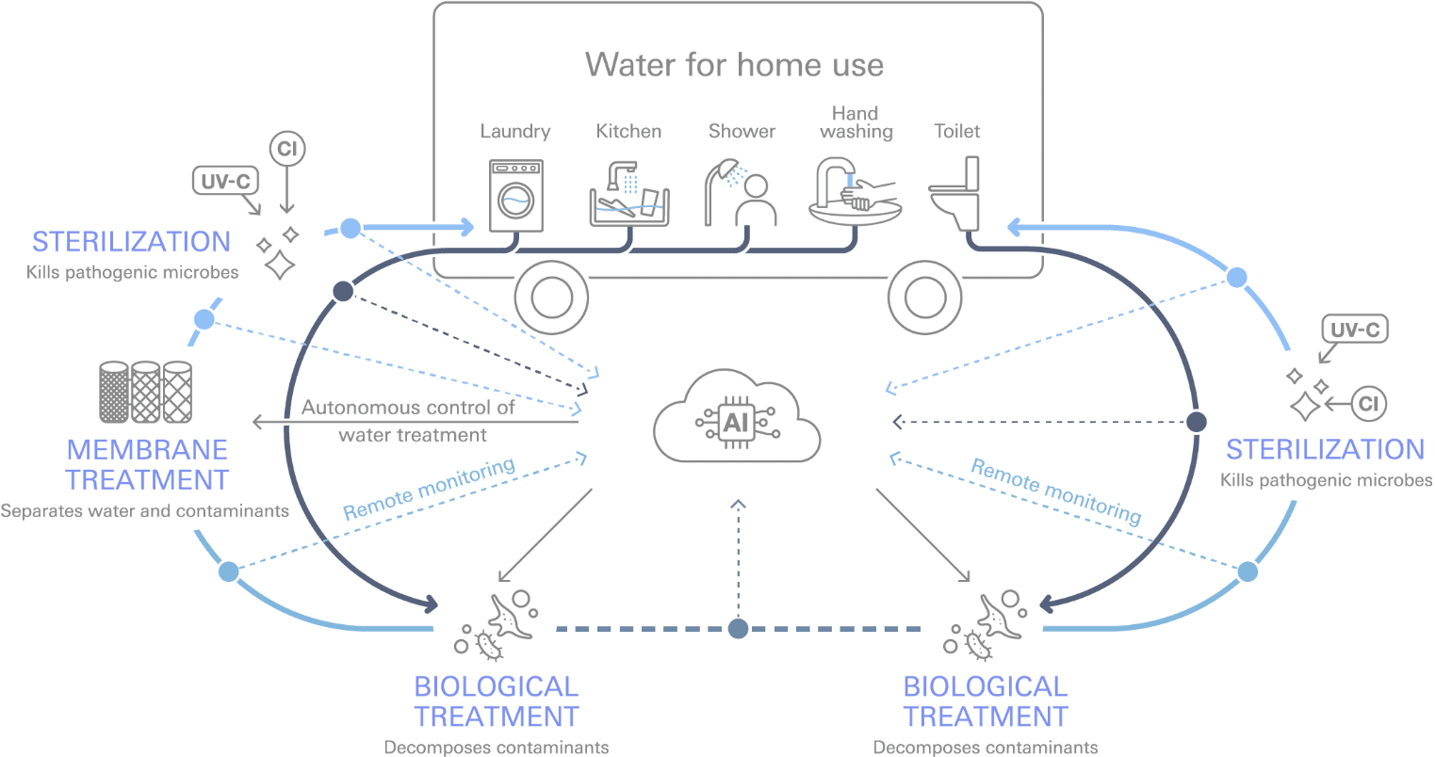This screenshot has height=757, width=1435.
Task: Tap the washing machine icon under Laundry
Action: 515,195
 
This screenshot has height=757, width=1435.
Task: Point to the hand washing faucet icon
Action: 854,192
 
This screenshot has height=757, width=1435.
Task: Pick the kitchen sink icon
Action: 628,195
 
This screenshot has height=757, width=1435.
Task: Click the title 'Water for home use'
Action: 734,65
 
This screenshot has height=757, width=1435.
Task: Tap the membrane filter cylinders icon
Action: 145,392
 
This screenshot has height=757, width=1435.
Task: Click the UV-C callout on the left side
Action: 226,181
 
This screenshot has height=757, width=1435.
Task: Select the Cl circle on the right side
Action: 1369,404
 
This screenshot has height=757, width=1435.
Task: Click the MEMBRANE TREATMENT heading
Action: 147,464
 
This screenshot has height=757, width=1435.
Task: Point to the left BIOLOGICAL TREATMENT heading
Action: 497,701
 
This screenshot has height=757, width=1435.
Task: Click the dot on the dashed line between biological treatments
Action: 739,628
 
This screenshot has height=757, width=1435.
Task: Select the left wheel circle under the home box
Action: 551,298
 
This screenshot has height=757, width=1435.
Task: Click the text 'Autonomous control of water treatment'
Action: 410,421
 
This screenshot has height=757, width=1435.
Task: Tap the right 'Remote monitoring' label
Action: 1055,491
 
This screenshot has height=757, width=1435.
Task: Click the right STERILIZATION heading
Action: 1324,449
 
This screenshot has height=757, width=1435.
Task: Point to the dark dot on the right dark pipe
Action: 1196,421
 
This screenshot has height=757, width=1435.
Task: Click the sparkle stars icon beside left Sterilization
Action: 279,252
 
